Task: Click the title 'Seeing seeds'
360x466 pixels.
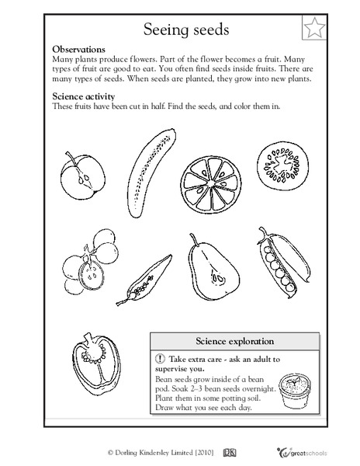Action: tap(179, 30)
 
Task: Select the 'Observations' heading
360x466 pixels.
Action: tap(84, 48)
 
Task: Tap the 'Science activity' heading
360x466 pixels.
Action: tap(87, 96)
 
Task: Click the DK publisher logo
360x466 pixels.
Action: tap(230, 450)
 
